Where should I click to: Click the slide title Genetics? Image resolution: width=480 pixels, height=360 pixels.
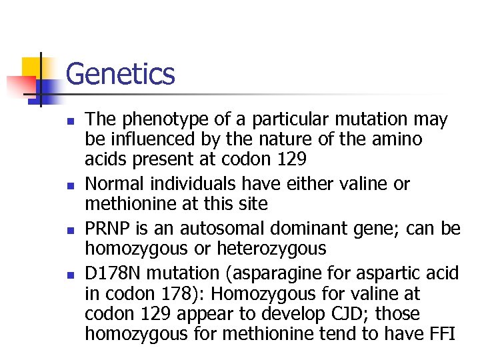[x=121, y=74]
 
